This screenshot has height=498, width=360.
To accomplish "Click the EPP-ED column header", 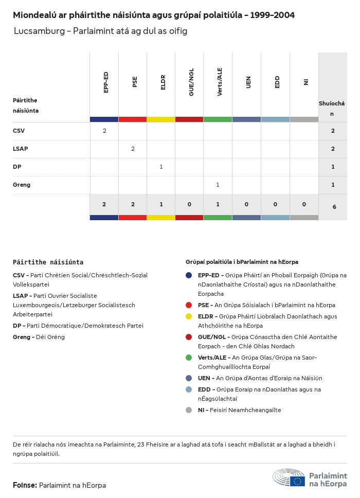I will tap(105, 83).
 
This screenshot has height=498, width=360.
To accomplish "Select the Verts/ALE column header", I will tap(220, 82).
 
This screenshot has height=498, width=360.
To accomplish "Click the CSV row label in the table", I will tap(19, 131).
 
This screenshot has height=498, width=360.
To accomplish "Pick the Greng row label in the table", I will tap(22, 185).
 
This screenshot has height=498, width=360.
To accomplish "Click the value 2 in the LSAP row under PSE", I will tap(133, 149).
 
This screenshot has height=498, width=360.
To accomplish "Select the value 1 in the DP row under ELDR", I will tap(161, 167).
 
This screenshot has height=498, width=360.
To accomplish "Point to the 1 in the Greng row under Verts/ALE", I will tap(218, 185).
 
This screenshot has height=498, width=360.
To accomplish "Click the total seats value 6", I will tap(334, 207).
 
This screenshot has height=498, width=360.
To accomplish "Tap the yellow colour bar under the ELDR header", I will tap(161, 119).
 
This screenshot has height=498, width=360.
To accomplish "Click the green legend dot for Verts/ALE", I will tap(189, 358).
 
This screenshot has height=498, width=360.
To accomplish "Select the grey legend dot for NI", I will tap(189, 410).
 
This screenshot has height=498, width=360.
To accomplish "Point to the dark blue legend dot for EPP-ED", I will tap(189, 275).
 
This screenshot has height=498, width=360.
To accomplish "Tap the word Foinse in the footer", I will tap(24, 485).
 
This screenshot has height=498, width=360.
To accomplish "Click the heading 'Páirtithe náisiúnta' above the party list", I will tap(48, 262).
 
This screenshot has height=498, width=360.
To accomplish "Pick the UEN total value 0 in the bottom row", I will tap(246, 205).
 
